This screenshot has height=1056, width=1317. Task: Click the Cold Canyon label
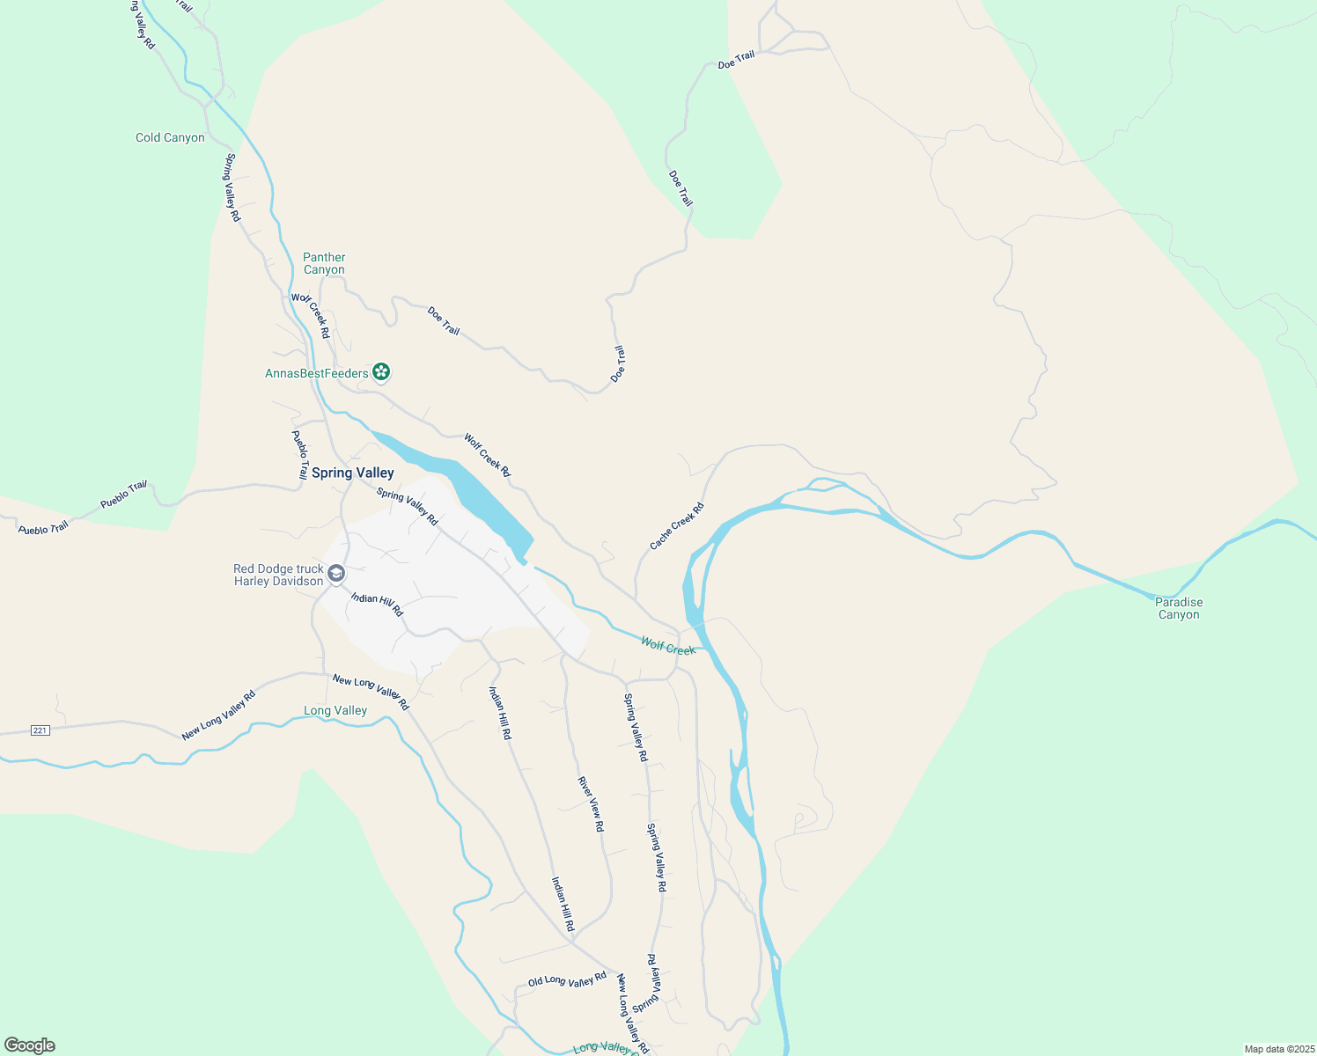click(x=170, y=138)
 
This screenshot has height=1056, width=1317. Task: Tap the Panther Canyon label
click(x=324, y=264)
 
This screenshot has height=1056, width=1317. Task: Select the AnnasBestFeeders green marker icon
click(x=381, y=373)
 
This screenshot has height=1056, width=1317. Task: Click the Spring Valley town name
click(x=353, y=473)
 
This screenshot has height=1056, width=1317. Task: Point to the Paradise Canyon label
click(x=1179, y=609)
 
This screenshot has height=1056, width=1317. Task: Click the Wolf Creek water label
click(x=668, y=647)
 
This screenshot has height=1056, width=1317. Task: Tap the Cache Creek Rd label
click(x=677, y=526)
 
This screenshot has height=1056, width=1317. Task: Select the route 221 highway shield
click(x=40, y=730)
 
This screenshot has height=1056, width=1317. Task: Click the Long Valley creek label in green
click(x=335, y=711)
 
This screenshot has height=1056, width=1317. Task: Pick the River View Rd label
click(x=591, y=803)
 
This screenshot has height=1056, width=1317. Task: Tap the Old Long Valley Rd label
click(x=567, y=979)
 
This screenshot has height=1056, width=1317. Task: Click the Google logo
click(x=30, y=1045)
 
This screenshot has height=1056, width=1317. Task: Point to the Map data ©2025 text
click(x=1277, y=1049)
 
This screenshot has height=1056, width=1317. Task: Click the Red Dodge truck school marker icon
click(x=335, y=575)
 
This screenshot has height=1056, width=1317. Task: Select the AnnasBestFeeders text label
click(x=317, y=374)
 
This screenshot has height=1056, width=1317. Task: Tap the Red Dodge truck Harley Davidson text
click(x=278, y=576)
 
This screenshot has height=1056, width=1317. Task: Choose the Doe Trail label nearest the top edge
click(x=737, y=60)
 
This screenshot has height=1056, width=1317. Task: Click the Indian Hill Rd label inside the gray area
click(x=377, y=604)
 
